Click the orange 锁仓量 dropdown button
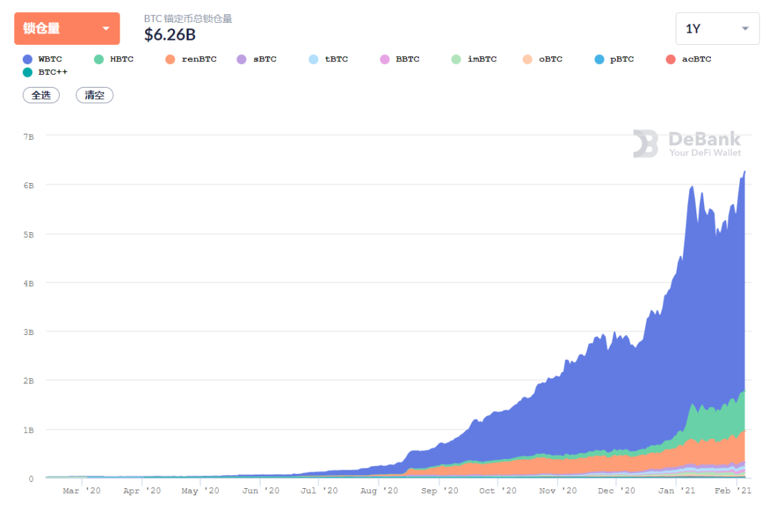(67, 29)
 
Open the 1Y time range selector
(717, 29)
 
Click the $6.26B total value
(169, 34)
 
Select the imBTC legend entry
(474, 59)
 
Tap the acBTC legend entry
(689, 59)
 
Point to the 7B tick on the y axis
(29, 135)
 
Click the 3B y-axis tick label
(29, 332)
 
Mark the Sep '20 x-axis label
(439, 491)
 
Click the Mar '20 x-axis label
(81, 491)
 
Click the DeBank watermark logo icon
(646, 143)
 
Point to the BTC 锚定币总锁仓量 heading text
(188, 19)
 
